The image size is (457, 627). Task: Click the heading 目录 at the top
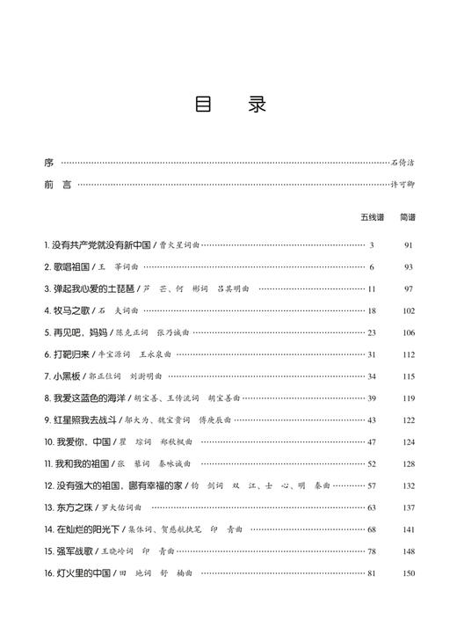click(228, 105)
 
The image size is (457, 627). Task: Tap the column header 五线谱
click(372, 216)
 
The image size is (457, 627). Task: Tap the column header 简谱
click(408, 216)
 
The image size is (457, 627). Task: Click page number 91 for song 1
click(408, 244)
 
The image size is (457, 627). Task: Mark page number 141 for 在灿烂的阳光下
click(408, 529)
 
